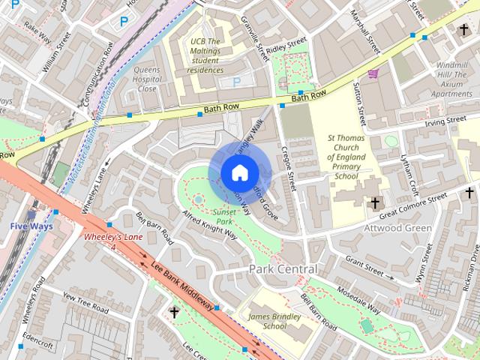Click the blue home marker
tap(238, 173)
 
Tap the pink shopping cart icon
tap(373, 73)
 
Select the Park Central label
tap(283, 268)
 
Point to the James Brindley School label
tap(267, 321)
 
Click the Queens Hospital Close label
tap(147, 79)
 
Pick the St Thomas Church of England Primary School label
tap(347, 157)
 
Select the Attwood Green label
tap(397, 227)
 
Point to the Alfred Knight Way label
tap(209, 224)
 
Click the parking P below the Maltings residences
tap(237, 82)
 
